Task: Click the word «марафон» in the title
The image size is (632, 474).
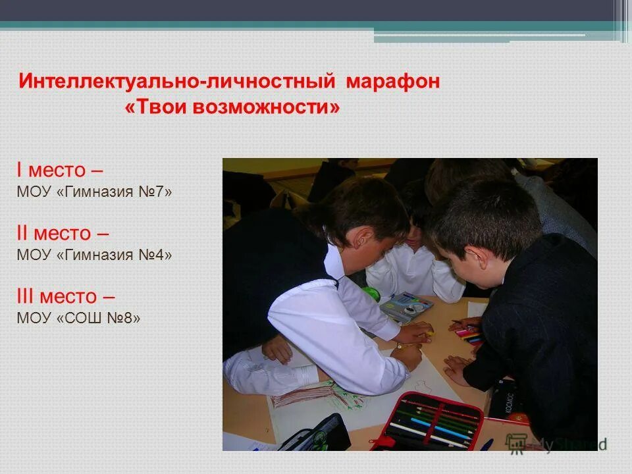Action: tap(392, 82)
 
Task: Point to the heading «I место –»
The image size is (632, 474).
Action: tap(59, 171)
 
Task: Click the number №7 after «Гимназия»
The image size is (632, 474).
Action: tap(157, 192)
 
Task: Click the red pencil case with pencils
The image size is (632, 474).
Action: tap(428, 421)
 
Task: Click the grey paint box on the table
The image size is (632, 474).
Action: tap(407, 306)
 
